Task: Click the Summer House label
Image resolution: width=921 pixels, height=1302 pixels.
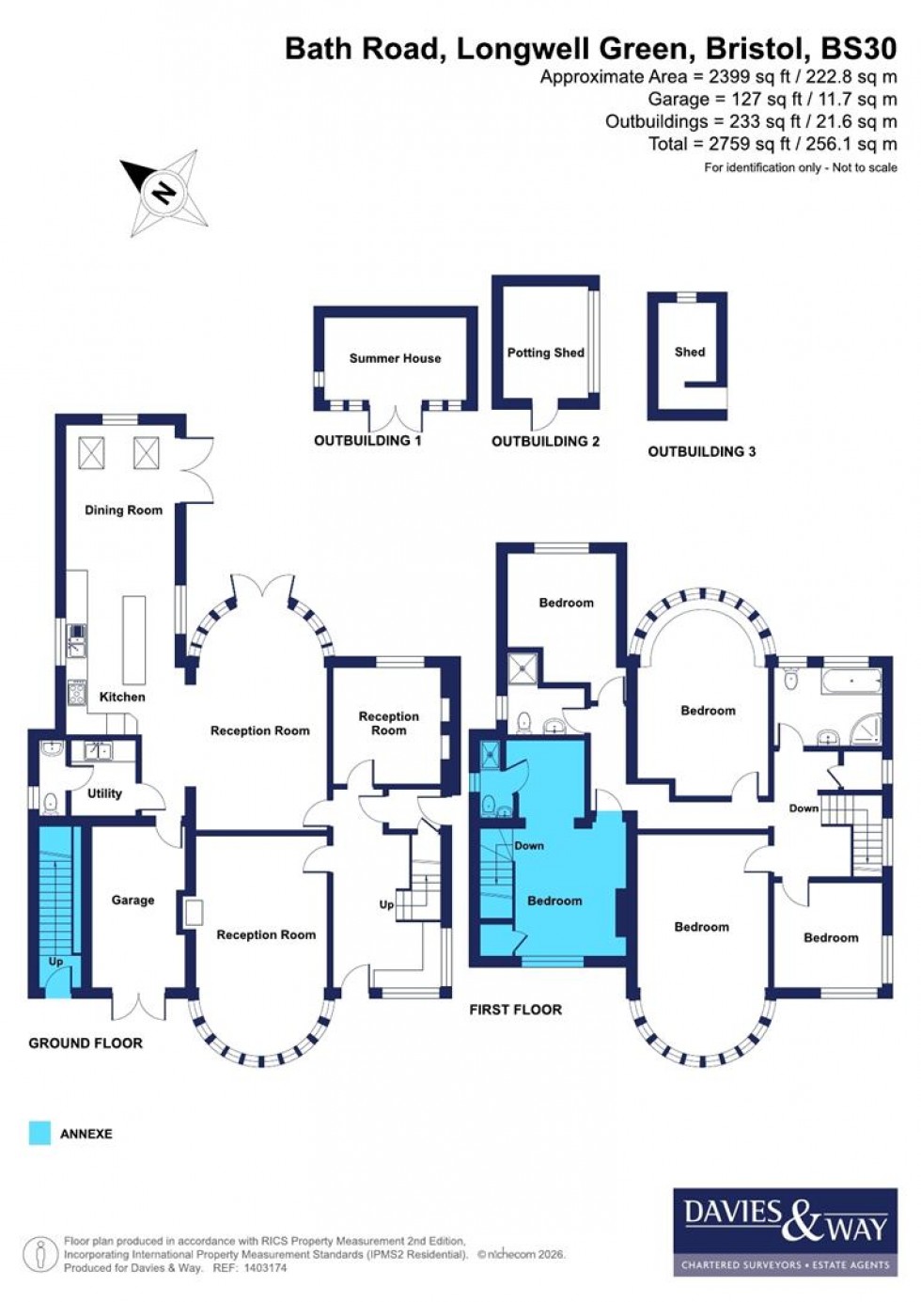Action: pos(395,358)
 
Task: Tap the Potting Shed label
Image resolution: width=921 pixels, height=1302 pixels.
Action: pos(545,353)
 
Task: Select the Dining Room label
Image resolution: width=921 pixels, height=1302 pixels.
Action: pos(123,510)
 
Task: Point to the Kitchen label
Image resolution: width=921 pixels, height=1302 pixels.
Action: pos(122,697)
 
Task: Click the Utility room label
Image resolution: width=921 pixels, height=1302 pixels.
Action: pos(104,793)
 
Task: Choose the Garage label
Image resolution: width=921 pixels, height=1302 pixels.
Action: pos(133,900)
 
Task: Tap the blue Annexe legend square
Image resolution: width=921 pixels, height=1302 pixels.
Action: pos(39,1133)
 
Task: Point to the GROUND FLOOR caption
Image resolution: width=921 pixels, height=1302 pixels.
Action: pos(86,1043)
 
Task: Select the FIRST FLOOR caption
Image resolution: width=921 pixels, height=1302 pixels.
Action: pos(516,1010)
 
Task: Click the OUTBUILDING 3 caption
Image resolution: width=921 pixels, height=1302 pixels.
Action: pos(701,451)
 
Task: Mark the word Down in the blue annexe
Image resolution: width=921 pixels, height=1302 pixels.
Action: pos(529,845)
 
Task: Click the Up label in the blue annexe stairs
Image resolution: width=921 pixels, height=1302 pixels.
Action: pos(55,962)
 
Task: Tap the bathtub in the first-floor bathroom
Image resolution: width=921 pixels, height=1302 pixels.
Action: pos(851,681)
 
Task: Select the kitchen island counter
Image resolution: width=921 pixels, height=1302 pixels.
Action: pos(134,639)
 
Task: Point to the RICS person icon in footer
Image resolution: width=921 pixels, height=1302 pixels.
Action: pos(40,1255)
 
